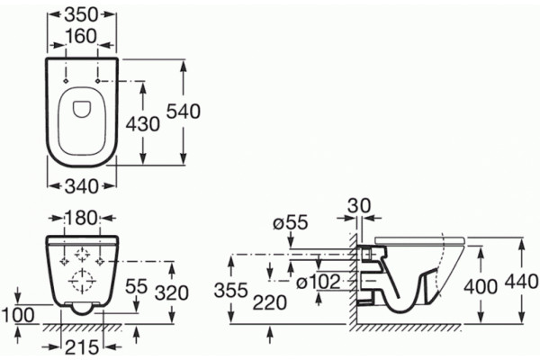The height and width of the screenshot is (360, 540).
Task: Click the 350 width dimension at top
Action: pyautogui.click(x=82, y=14)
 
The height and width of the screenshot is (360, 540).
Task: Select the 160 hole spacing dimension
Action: pyautogui.click(x=82, y=36)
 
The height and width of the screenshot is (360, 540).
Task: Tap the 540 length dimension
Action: pyautogui.click(x=184, y=112)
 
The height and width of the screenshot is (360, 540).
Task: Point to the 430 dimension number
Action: pyautogui.click(x=142, y=124)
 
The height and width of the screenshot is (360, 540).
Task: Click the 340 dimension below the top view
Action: pyautogui.click(x=82, y=186)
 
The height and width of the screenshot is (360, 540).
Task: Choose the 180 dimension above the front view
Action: pyautogui.click(x=82, y=218)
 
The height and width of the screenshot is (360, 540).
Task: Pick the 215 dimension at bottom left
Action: pyautogui.click(x=82, y=347)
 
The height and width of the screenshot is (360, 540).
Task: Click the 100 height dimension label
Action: pyautogui.click(x=18, y=316)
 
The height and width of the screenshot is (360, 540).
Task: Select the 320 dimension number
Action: pyautogui.click(x=172, y=293)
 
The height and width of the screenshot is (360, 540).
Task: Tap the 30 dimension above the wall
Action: pyautogui.click(x=359, y=206)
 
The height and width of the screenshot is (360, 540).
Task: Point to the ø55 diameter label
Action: pyautogui.click(x=291, y=223)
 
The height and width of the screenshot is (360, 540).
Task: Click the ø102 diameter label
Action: pyautogui.click(x=319, y=283)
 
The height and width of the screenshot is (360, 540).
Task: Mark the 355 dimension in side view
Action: pyautogui.click(x=231, y=291)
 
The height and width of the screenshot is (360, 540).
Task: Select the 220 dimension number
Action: pyautogui.click(x=270, y=303)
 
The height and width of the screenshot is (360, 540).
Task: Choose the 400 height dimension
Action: pyautogui.click(x=481, y=286)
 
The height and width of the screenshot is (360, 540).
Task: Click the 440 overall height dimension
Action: pyautogui.click(x=521, y=283)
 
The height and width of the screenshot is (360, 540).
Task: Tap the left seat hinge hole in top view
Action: pyautogui.click(x=66, y=81)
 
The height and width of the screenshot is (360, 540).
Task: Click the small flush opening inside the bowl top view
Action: pyautogui.click(x=82, y=109)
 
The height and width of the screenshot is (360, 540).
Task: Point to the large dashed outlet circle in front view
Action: pyautogui.click(x=82, y=281)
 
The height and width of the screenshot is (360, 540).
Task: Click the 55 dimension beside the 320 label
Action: pyautogui.click(x=137, y=286)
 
